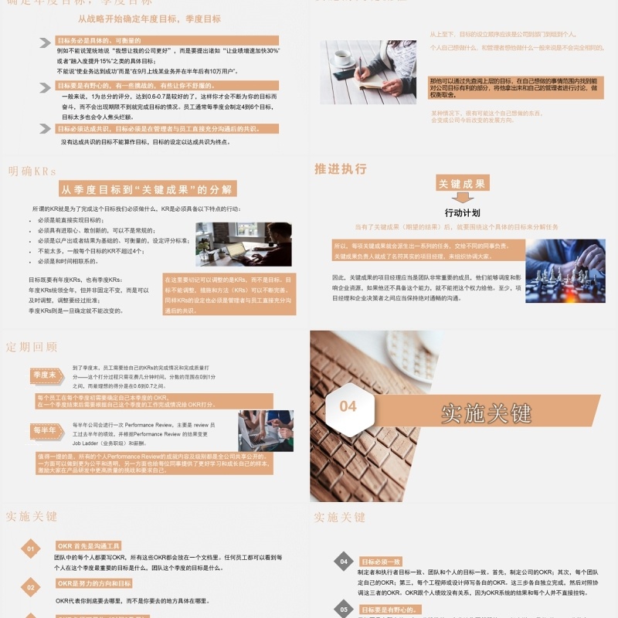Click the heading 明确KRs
point(32,171)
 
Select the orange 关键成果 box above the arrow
point(461,184)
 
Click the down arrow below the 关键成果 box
point(462,199)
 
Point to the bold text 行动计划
point(462,212)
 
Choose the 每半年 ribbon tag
point(45,430)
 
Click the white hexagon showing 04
point(348,407)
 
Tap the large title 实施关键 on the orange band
point(487,413)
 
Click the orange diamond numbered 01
point(31,550)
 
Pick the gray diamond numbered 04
point(344,562)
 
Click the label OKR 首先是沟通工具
point(89,545)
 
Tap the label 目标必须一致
point(381,562)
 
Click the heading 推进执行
point(341,169)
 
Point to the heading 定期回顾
point(32,347)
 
